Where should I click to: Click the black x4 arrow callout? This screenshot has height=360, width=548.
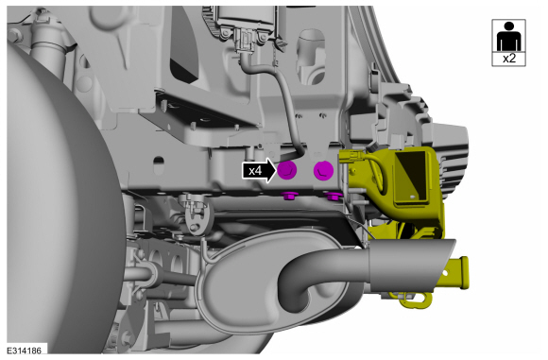[259, 170]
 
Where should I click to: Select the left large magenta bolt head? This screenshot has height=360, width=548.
[287, 170]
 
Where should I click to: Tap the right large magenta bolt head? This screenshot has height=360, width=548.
[324, 171]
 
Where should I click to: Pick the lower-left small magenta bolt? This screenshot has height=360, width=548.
[289, 196]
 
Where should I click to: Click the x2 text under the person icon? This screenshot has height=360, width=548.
[509, 59]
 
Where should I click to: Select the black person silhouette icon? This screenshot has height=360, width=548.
[509, 36]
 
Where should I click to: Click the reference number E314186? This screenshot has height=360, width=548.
[25, 351]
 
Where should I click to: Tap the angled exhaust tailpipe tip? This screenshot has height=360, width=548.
[412, 265]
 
